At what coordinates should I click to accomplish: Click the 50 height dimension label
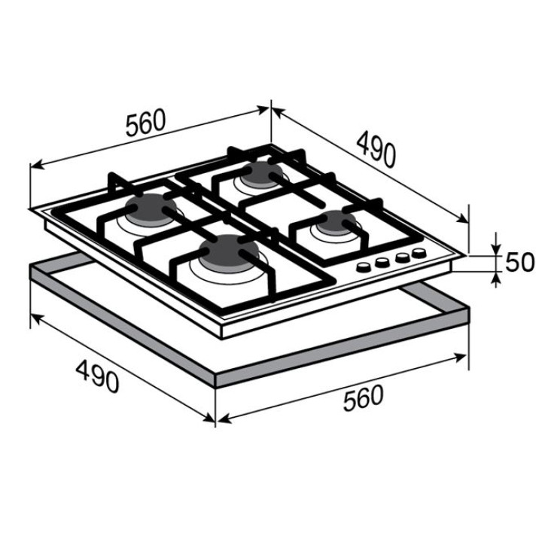pos(519,262)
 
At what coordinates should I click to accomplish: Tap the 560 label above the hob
pos(146,122)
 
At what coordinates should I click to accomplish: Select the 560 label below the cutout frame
pos(364,398)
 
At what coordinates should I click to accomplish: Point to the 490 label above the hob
pos(376,149)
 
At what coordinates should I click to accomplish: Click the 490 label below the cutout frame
pos(98,376)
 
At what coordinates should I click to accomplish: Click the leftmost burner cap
pos(151,208)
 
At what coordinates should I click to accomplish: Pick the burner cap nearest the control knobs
pos(337,221)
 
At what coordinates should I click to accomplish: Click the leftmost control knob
pos(364,267)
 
